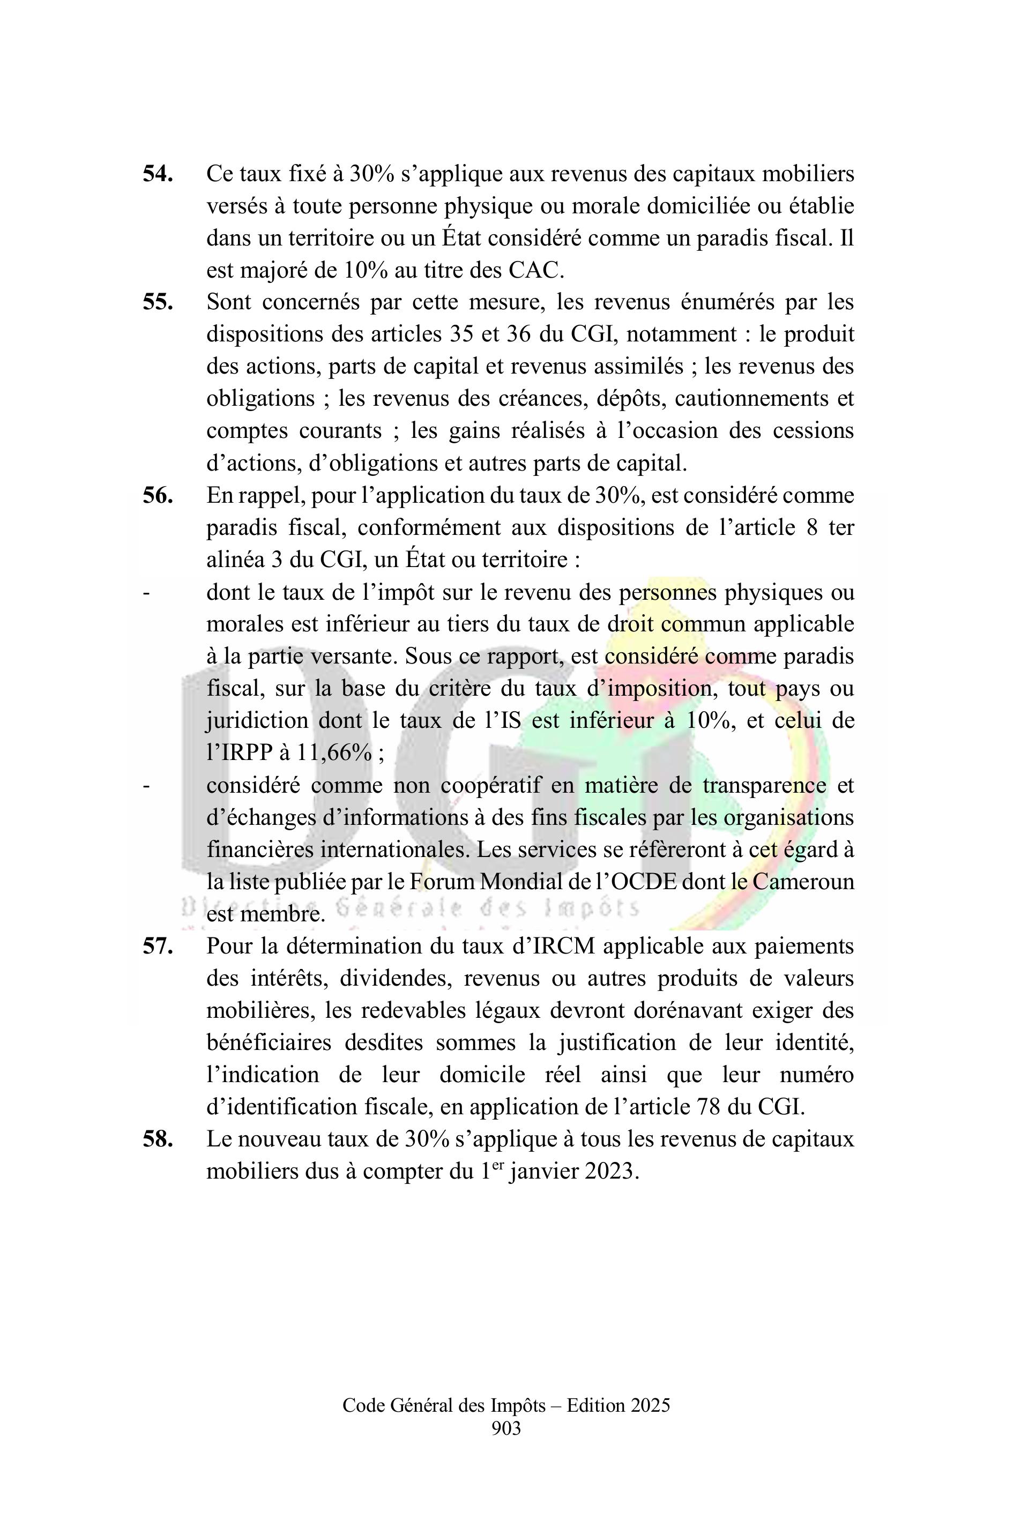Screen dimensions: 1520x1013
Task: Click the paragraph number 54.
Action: [158, 174]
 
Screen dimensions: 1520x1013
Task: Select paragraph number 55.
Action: [158, 302]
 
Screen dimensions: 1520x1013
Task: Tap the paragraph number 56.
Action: [158, 495]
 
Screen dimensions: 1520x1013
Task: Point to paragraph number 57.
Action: [158, 947]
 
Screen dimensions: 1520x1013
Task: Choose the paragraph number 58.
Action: [158, 1139]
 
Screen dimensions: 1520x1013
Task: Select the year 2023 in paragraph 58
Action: [610, 1172]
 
